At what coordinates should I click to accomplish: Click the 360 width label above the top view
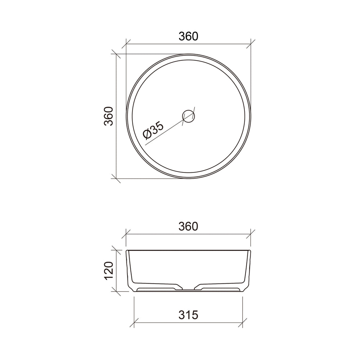188,36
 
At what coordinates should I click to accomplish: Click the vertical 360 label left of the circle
109,116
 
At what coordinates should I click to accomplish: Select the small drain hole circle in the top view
189,116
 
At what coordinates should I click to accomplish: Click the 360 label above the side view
188,226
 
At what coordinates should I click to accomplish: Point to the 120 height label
109,271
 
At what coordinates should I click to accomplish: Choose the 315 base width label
188,315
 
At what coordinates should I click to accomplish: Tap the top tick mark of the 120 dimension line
116,250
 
